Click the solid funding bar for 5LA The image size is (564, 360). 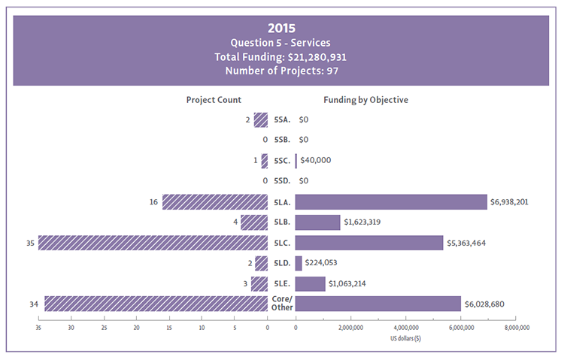pos(391,201)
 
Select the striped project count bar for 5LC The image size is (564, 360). pos(153,243)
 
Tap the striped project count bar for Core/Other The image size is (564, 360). pos(156,304)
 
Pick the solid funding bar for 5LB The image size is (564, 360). pos(318,222)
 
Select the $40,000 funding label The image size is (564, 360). pos(316,160)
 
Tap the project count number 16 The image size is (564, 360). pos(154,201)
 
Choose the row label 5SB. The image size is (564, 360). pos(281,140)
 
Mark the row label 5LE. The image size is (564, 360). pos(281,283)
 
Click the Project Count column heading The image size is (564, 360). pos(214,100)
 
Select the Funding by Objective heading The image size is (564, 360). pos(365,100)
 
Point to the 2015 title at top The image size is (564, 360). pos(282,29)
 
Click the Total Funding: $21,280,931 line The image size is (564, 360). pos(282,57)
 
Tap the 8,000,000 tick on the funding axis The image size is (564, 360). pos(516,328)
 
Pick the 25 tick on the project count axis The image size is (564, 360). pos(104,328)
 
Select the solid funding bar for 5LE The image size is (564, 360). pos(311,283)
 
